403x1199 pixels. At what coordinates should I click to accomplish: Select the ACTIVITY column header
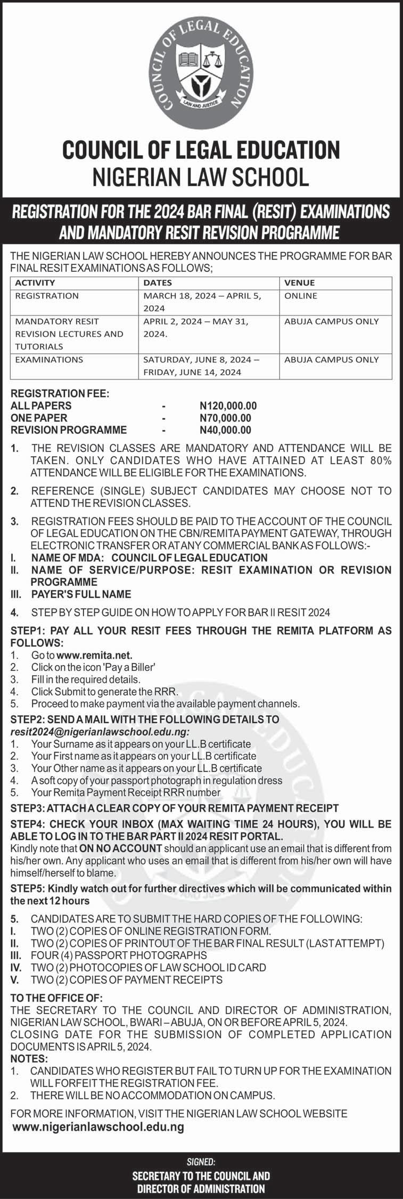coord(35,283)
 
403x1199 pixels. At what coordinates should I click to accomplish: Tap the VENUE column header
coord(299,283)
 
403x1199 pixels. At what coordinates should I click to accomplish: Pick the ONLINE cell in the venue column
coord(301,296)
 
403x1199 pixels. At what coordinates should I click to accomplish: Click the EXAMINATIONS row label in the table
coord(49,359)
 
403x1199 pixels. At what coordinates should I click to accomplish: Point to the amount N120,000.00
coord(228,406)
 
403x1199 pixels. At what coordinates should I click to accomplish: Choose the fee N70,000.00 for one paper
coord(225,418)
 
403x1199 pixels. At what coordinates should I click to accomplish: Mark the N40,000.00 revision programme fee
coord(225,430)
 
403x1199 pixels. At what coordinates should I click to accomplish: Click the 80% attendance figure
coord(379,460)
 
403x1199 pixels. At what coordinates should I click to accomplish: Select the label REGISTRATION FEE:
coord(60,394)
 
